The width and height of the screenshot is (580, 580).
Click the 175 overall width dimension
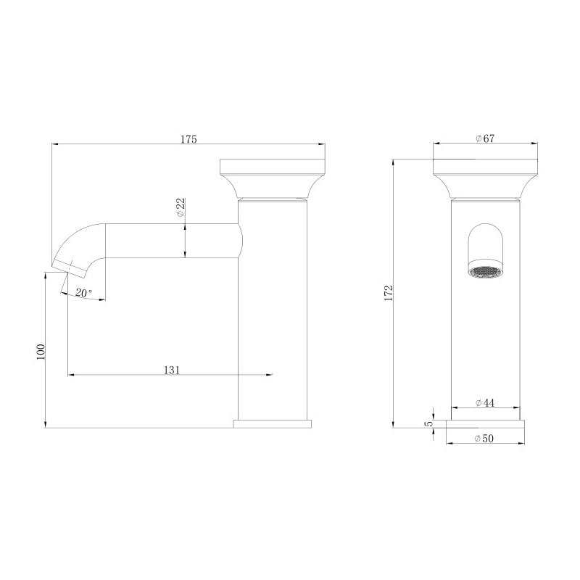coord(188,139)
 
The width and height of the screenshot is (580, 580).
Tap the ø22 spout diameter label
coord(181,209)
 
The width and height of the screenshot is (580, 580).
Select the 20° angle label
coord(83,293)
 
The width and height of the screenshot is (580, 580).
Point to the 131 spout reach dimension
coord(172,370)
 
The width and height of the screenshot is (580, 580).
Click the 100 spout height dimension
coord(41,351)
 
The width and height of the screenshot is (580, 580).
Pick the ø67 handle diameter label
coord(485,139)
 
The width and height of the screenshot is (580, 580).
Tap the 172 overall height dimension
coord(389,293)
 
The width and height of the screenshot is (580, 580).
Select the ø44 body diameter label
coord(485,403)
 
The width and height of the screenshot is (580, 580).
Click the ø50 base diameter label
coord(485,439)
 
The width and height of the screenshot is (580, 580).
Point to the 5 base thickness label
coord(428,423)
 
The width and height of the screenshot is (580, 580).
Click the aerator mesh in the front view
coord(485,272)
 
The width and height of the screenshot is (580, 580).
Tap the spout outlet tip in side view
coord(64,265)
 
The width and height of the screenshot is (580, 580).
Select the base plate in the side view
coord(272,423)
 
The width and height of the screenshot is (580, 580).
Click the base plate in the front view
coord(485,423)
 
